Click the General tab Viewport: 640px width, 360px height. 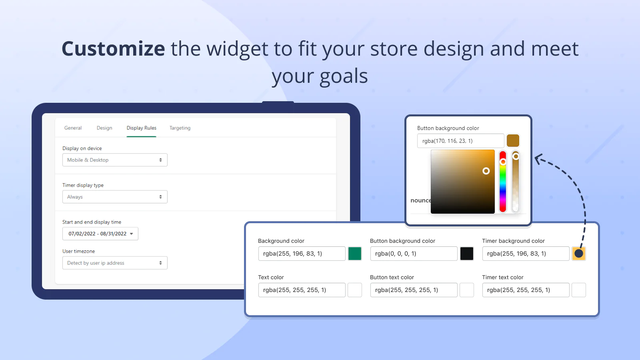click(x=73, y=128)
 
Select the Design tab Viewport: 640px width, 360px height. click(x=104, y=128)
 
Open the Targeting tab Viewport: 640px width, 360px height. click(x=180, y=128)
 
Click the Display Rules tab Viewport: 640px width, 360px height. click(x=142, y=128)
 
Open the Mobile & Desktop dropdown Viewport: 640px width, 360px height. click(x=115, y=160)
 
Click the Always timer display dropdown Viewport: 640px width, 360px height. click(x=115, y=197)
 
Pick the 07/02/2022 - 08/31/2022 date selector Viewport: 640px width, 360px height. click(x=100, y=234)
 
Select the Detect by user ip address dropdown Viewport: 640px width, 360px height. click(x=115, y=263)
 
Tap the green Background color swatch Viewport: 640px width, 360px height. click(x=354, y=254)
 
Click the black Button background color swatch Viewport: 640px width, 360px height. click(x=466, y=254)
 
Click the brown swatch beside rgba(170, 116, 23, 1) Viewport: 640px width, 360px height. click(x=513, y=141)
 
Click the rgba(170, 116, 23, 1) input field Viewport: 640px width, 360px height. click(x=460, y=141)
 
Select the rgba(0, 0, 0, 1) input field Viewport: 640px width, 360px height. click(x=414, y=254)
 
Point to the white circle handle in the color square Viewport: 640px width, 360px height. click(x=486, y=171)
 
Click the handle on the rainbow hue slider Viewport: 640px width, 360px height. click(x=503, y=162)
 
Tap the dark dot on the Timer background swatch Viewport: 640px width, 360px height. click(x=578, y=254)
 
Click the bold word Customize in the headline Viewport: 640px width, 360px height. click(x=114, y=48)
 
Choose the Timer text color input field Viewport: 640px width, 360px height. click(x=526, y=290)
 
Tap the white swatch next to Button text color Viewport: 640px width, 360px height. click(x=466, y=290)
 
